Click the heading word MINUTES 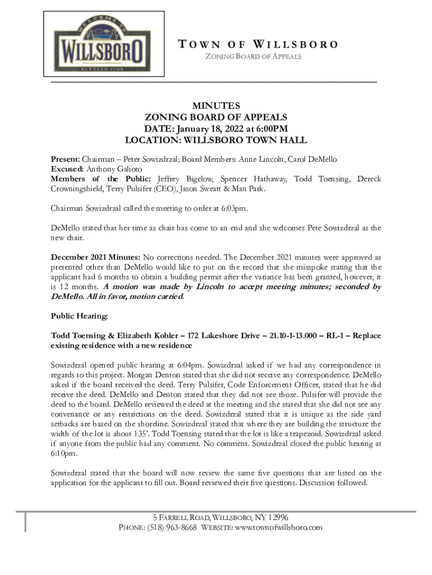pos(216,106)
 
